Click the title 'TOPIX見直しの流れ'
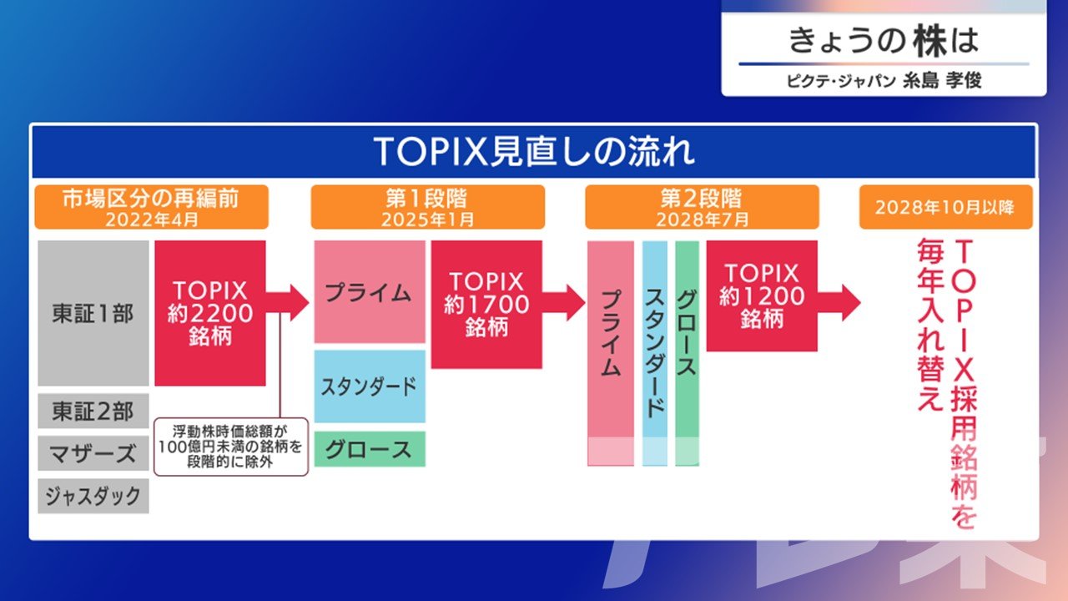tap(534, 152)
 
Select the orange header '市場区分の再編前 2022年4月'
tap(152, 207)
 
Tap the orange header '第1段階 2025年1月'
tap(428, 207)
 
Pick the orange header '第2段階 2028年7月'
tap(702, 207)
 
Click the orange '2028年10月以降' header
tap(946, 207)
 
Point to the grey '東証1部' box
tap(93, 313)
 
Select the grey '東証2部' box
tap(93, 411)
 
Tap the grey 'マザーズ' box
tap(93, 453)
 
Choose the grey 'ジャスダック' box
tap(93, 496)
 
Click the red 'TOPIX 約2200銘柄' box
tap(210, 313)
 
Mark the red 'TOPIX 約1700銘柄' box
tap(486, 305)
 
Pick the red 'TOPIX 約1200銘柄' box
tap(762, 295)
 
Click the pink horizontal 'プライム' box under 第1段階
tap(370, 291)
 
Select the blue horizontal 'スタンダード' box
tap(370, 386)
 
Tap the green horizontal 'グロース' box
tap(370, 449)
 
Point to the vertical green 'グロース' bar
tap(687, 353)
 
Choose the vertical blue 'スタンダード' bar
tap(655, 353)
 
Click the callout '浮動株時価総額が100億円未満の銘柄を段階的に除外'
tap(231, 447)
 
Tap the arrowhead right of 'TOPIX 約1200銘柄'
tap(850, 303)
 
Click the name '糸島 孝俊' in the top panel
tap(942, 80)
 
